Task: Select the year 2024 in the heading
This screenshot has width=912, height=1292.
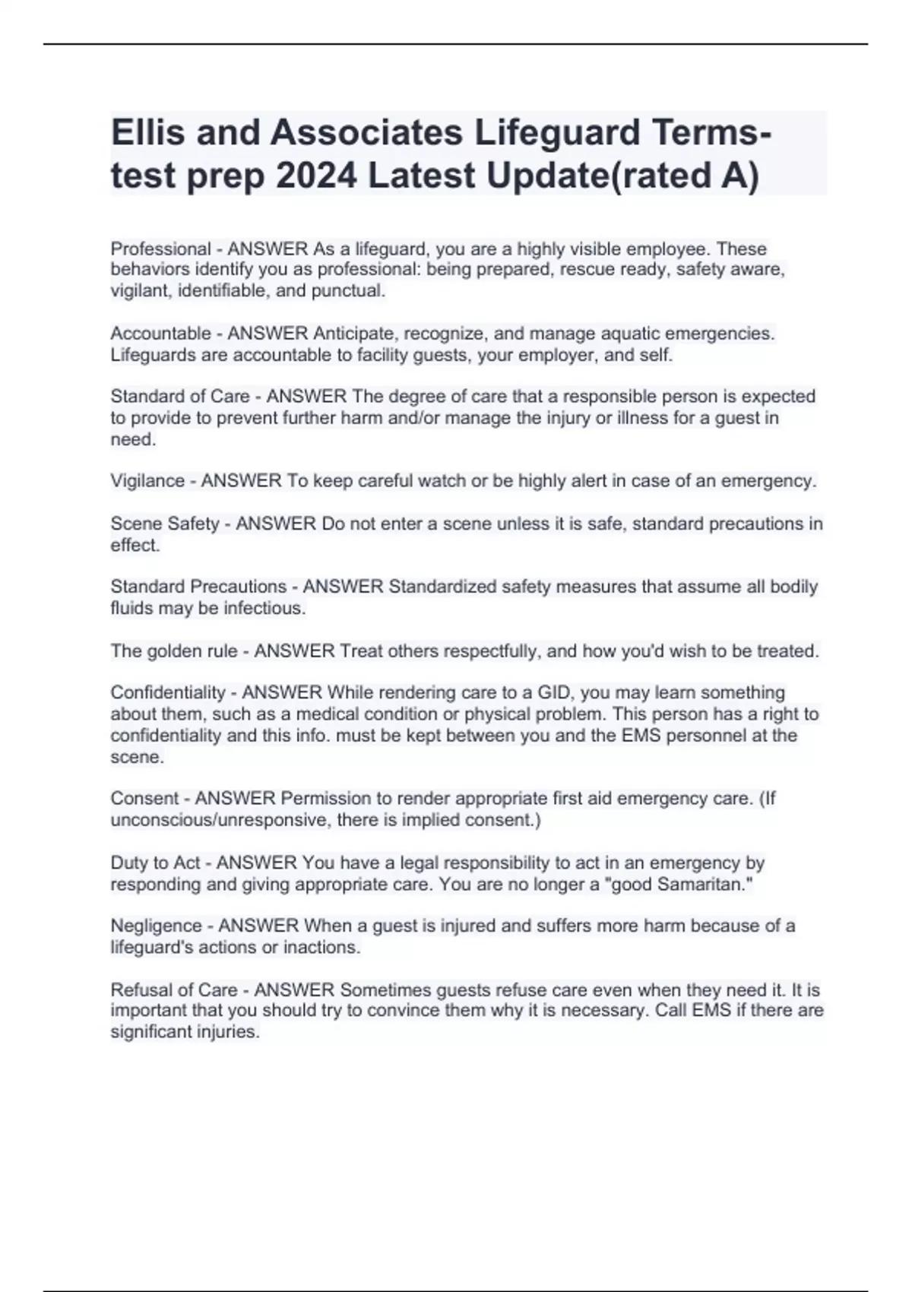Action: tap(316, 176)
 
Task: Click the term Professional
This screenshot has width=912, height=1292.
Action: tap(160, 249)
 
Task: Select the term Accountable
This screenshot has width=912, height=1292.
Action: tap(160, 334)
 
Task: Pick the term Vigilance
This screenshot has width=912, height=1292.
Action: tap(147, 481)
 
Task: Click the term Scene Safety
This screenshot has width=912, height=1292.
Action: tap(165, 524)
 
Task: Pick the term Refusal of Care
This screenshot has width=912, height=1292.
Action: tap(174, 990)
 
